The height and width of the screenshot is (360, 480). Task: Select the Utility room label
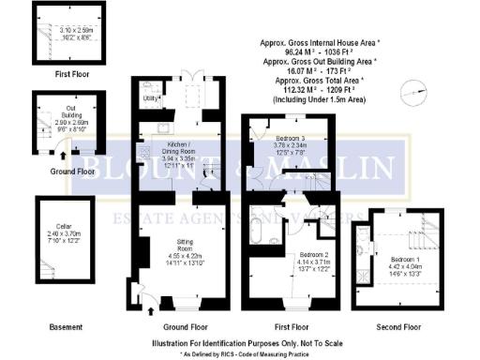[x=148, y=97]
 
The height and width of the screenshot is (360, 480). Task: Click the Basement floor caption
[x=66, y=327]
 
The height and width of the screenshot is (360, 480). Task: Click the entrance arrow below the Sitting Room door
[x=148, y=315]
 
